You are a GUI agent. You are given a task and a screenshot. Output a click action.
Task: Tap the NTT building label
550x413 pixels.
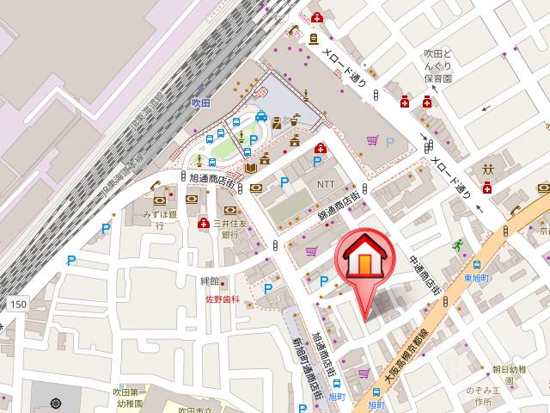tap(327, 183)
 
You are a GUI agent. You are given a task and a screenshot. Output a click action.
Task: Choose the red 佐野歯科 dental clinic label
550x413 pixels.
tap(220, 300)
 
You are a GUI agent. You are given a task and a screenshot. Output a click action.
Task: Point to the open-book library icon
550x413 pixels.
tap(250, 167)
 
